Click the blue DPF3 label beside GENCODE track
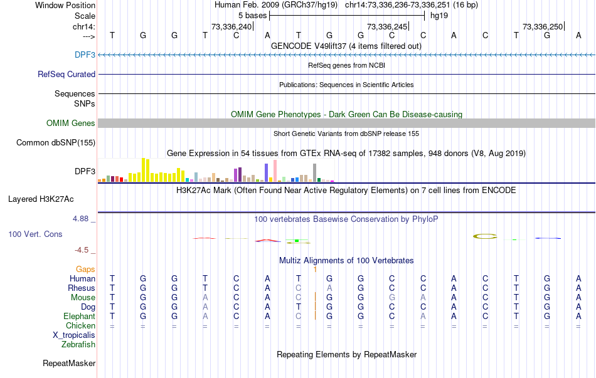coord(85,55)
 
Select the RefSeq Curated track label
coord(67,74)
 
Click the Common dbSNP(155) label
coord(55,143)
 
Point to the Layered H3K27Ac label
coord(41,199)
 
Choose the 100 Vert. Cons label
coord(35,234)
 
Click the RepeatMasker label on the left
coord(69,363)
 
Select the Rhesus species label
coord(82,288)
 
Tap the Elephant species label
coord(80,316)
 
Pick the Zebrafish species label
coord(78,344)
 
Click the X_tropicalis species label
coord(74,335)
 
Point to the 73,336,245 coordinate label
coord(387,26)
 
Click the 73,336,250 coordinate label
coord(543,26)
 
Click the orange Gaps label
coord(85,269)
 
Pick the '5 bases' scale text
coord(252,15)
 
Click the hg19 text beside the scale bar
coord(439,15)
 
